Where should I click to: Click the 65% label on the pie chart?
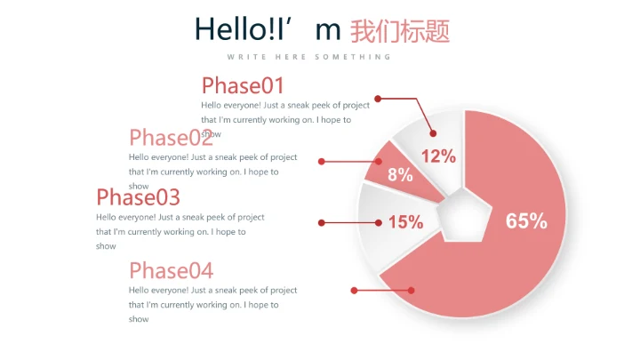[x=526, y=221]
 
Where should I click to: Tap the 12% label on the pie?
[x=438, y=156]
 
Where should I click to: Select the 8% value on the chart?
[x=400, y=175]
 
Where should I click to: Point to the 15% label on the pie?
[x=405, y=222]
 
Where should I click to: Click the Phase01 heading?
[x=243, y=85]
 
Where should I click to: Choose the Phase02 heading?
[x=171, y=138]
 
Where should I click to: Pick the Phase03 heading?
[x=138, y=196]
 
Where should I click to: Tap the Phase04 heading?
[x=171, y=270]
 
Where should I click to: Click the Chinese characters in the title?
[x=400, y=31]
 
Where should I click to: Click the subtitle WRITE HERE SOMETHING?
[x=308, y=57]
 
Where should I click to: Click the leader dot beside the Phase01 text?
[x=378, y=98]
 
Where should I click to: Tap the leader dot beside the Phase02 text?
[x=322, y=161]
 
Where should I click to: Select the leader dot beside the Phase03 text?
[x=322, y=222]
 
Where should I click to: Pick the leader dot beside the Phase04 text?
[x=354, y=290]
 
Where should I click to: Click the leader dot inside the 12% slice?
[x=434, y=133]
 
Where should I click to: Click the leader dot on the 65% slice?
[x=412, y=290]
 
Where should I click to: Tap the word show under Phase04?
[x=139, y=319]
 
